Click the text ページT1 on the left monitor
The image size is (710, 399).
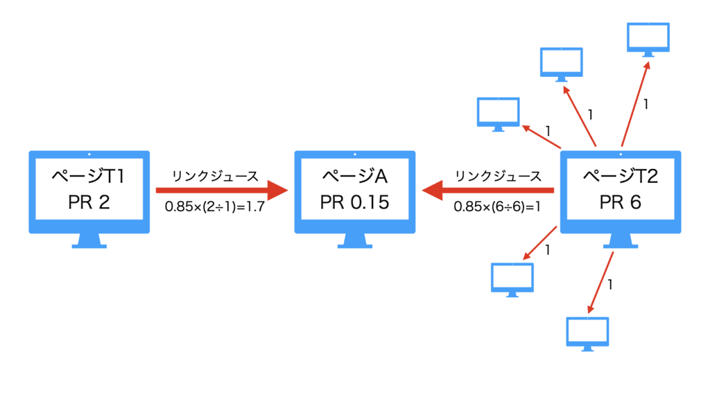pyautogui.click(x=88, y=177)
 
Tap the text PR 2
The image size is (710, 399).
pyautogui.click(x=88, y=202)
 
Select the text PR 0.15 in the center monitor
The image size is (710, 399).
pyautogui.click(x=354, y=202)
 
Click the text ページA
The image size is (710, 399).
pyautogui.click(x=354, y=177)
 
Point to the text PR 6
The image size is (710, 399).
pyautogui.click(x=619, y=202)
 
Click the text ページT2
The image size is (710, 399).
pyautogui.click(x=619, y=177)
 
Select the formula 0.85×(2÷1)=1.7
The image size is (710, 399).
pyautogui.click(x=215, y=206)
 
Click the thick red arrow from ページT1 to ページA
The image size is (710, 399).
pyautogui.click(x=220, y=190)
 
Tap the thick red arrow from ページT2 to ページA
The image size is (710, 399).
pyautogui.click(x=489, y=190)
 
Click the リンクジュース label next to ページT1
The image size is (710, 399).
pyautogui.click(x=215, y=176)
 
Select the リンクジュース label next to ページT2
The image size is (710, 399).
pyautogui.click(x=498, y=176)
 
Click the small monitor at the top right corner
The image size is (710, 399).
pyautogui.click(x=648, y=38)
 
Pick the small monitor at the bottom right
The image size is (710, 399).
pyautogui.click(x=588, y=333)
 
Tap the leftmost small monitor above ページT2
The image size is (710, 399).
pyautogui.click(x=499, y=113)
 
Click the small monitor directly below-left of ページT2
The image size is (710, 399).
pyautogui.click(x=512, y=278)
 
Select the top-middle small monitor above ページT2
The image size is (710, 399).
pyautogui.click(x=562, y=64)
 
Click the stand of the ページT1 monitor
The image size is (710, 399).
pyautogui.click(x=89, y=240)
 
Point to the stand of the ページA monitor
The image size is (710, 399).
pyautogui.click(x=354, y=240)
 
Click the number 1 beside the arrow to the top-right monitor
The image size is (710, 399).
pyautogui.click(x=646, y=105)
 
